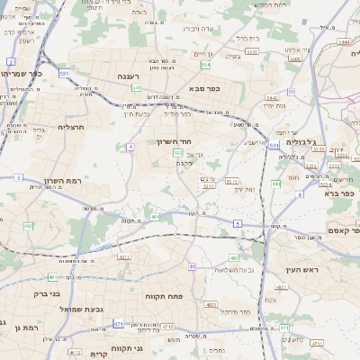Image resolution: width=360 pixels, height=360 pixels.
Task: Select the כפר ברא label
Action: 343,192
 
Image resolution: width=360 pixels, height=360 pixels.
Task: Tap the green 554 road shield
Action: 206,65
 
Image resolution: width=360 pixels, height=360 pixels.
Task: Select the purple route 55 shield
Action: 291,92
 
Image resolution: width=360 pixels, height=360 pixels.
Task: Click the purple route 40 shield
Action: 193,266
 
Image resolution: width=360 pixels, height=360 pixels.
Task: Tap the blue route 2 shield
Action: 11,61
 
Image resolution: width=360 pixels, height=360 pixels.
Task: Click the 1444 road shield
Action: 345,41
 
